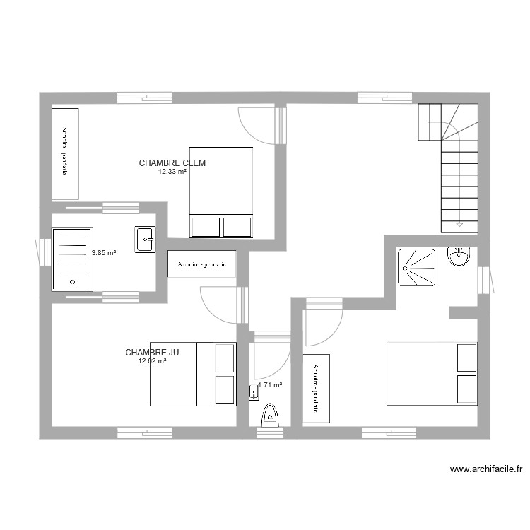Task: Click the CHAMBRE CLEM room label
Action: (x=172, y=163)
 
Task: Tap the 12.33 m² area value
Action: (x=172, y=171)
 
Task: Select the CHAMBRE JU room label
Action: (x=152, y=352)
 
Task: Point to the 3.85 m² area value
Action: (x=103, y=252)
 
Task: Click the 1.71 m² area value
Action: (x=270, y=385)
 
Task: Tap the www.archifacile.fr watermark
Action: (x=485, y=469)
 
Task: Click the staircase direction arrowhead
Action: (x=459, y=224)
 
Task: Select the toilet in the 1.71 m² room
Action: (x=269, y=416)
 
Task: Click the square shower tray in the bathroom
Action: (x=417, y=267)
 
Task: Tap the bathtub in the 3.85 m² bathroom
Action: (x=71, y=258)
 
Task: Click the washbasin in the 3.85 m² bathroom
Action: (x=146, y=240)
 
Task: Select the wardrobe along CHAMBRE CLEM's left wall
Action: (x=65, y=152)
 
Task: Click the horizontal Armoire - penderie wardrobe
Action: (x=201, y=264)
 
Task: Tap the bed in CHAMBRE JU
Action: (x=193, y=374)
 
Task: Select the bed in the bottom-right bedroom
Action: (x=431, y=373)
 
